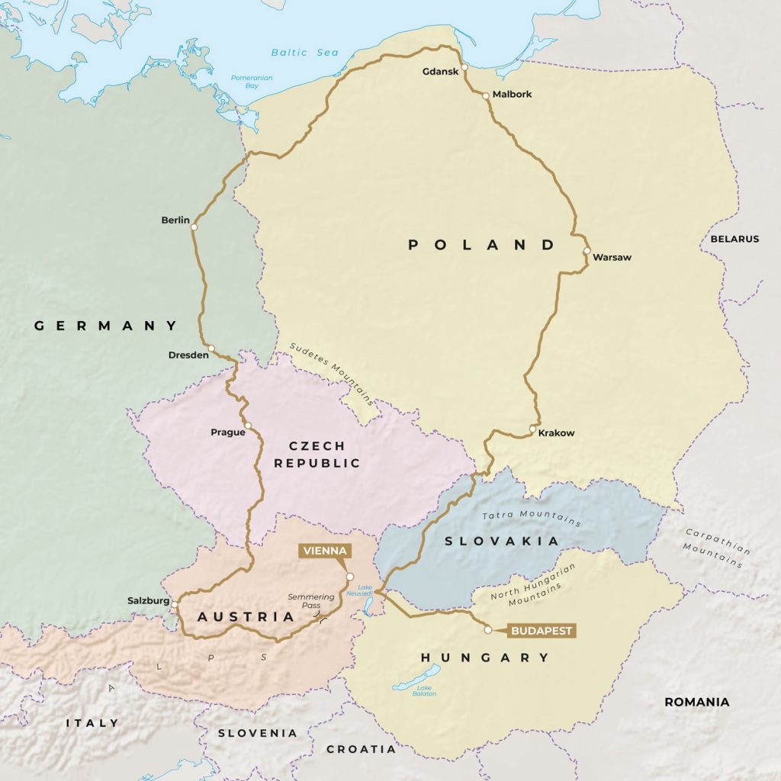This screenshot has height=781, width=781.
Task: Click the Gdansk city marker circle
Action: point(464,67)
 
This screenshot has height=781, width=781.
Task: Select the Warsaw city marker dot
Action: point(587,250)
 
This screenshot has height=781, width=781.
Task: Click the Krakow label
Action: point(557,433)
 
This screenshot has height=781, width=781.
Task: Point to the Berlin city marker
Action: point(194,227)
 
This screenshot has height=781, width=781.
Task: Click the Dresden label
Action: point(188,355)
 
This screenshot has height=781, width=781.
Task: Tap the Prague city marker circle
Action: point(247,425)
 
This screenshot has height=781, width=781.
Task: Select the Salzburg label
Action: point(148,601)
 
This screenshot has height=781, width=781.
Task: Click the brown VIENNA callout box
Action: point(325,551)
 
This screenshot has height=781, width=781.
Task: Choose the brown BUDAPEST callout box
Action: point(541,631)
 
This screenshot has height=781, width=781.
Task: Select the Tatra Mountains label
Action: point(532,518)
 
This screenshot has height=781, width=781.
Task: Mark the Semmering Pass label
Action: point(311,602)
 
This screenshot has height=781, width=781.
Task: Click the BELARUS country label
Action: point(734,239)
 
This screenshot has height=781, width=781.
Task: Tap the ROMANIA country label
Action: point(696,702)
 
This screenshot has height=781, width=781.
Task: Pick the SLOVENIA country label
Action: point(257,733)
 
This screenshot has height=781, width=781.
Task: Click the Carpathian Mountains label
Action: point(714,548)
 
